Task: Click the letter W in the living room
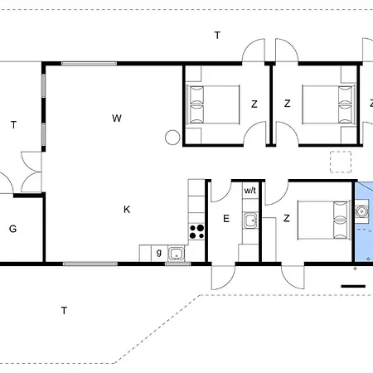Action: (117, 119)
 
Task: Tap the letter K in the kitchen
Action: (127, 210)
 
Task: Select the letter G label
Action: (12, 229)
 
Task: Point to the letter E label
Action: (226, 219)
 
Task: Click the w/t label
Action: (250, 191)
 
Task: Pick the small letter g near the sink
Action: (159, 253)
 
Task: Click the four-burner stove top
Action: (196, 232)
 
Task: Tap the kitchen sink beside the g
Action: (177, 254)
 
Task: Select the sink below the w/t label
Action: (250, 220)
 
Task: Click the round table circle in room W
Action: (172, 138)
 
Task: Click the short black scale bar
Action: (353, 286)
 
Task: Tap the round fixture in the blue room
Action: (361, 211)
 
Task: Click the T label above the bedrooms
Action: (217, 36)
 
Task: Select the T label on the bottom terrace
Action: (64, 311)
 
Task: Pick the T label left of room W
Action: (13, 125)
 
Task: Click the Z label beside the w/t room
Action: (287, 218)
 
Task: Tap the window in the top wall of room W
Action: (89, 64)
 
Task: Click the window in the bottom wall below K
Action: (90, 264)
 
